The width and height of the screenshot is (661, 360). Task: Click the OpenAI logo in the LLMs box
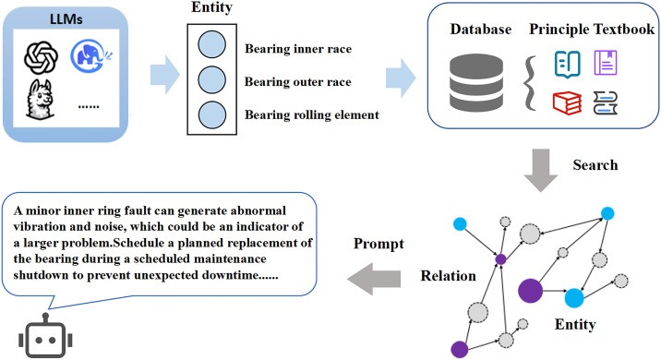(41, 57)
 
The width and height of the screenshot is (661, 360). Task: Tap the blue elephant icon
(91, 55)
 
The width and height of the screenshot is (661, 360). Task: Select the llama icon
(40, 99)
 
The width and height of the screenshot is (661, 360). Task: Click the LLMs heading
(66, 19)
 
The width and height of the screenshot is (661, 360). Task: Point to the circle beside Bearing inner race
(211, 44)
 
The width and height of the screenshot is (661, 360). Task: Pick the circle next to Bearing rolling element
(211, 114)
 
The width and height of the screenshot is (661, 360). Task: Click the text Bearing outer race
(297, 82)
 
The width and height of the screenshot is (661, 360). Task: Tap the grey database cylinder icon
(476, 82)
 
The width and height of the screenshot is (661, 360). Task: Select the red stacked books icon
(568, 102)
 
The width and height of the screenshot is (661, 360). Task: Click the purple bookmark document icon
(606, 63)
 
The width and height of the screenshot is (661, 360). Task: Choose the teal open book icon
(568, 65)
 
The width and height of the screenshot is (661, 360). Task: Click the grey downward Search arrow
(541, 170)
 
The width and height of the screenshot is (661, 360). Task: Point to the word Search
(595, 165)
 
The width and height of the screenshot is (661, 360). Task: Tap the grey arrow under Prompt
(374, 279)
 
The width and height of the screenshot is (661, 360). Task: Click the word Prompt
(379, 244)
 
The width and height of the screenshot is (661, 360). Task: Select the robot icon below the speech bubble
(45, 336)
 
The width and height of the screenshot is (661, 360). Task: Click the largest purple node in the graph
(530, 291)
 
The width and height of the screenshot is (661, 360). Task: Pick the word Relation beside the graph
(448, 276)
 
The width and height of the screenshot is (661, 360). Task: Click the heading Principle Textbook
(592, 30)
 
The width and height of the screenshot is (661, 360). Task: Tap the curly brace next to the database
(530, 83)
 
